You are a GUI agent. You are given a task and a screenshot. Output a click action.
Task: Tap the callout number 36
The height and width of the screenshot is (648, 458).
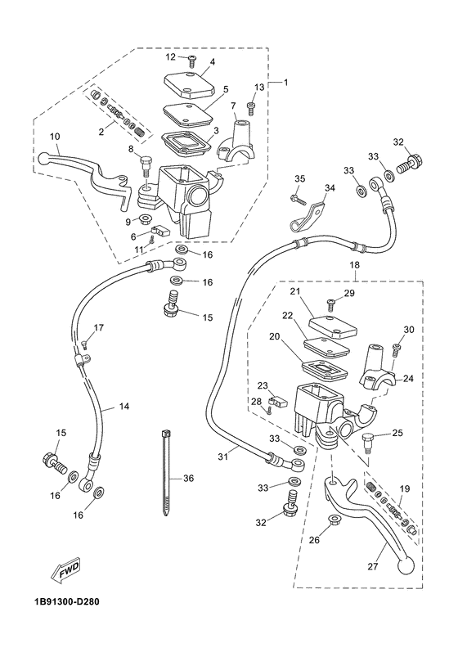click(x=188, y=479)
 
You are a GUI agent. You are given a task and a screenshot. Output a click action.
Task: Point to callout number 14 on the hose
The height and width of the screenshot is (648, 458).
click(x=124, y=407)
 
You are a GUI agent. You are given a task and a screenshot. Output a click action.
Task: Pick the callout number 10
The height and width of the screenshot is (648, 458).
click(x=55, y=137)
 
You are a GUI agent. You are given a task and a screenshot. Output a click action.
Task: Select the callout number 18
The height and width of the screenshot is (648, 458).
click(x=354, y=266)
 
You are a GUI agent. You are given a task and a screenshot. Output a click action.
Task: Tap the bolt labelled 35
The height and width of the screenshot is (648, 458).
click(x=295, y=197)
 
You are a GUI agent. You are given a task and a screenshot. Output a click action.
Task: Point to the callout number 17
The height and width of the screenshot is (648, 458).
click(x=98, y=328)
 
